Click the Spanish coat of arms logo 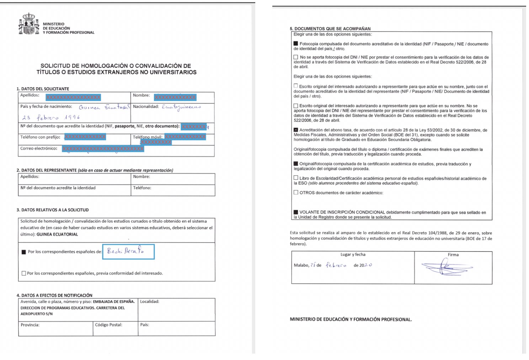28,24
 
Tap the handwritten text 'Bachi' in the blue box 114,251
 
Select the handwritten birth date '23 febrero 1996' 51,117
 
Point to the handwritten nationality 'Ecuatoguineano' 181,107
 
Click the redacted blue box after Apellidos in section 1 73,97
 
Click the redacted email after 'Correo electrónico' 103,149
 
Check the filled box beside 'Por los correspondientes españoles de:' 24,252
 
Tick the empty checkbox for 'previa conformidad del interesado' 24,273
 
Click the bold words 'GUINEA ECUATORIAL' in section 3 57,234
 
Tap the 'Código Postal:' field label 108,325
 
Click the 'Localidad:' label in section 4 150,302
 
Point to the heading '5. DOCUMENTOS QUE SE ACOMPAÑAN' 330,29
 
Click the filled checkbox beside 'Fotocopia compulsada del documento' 296,44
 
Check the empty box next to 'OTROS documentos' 296,192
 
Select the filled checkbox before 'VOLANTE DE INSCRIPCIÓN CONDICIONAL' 296,212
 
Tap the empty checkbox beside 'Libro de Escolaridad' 296,178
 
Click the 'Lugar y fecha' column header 353,255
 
